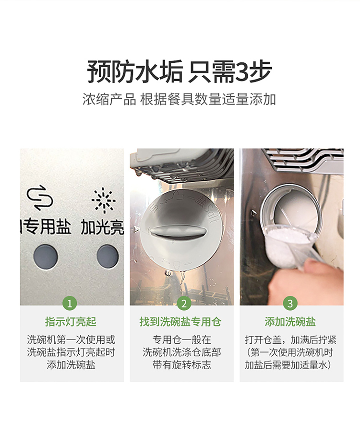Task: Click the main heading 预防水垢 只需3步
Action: [180, 72]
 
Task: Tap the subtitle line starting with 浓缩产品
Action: [180, 99]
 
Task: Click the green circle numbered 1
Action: [70, 304]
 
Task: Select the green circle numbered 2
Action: [183, 304]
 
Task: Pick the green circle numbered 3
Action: [290, 304]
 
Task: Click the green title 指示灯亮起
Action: [71, 322]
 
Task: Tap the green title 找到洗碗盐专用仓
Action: [180, 322]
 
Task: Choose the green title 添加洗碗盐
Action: [290, 322]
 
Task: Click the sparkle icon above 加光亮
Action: [104, 200]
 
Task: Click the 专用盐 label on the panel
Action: [46, 228]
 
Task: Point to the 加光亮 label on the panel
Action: [102, 228]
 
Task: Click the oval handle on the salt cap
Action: [178, 231]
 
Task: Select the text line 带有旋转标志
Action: [181, 365]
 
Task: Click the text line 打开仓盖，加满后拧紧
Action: [290, 339]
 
